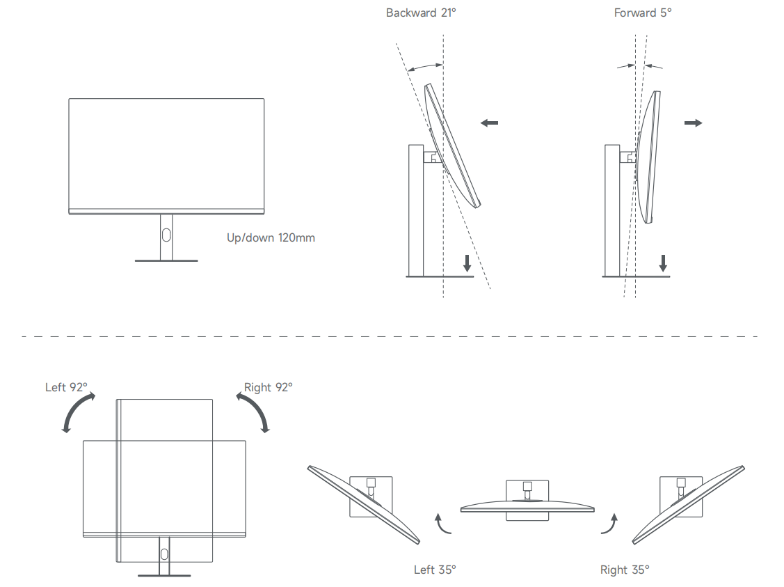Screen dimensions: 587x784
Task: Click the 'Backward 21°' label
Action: click(421, 13)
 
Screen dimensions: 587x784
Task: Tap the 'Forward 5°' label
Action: click(643, 13)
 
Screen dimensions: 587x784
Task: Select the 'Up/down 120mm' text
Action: click(271, 237)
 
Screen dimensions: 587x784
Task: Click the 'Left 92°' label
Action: click(67, 387)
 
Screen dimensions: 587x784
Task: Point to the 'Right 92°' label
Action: click(268, 387)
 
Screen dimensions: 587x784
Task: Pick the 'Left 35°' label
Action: click(435, 570)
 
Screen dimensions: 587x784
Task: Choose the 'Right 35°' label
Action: click(625, 570)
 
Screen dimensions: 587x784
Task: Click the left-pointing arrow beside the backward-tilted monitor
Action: click(490, 123)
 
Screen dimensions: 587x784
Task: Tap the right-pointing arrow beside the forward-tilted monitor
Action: click(693, 123)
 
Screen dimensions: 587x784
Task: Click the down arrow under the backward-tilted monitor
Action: click(467, 263)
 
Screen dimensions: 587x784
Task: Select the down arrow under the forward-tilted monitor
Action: click(663, 263)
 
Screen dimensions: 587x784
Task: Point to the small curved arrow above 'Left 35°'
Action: click(442, 524)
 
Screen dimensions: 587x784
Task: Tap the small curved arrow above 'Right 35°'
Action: click(609, 524)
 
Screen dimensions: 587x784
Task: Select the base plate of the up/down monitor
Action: click(166, 261)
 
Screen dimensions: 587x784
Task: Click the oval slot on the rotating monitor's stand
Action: click(164, 554)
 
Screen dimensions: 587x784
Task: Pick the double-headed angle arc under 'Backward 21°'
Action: click(425, 68)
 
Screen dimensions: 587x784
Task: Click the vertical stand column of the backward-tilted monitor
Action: click(416, 209)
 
